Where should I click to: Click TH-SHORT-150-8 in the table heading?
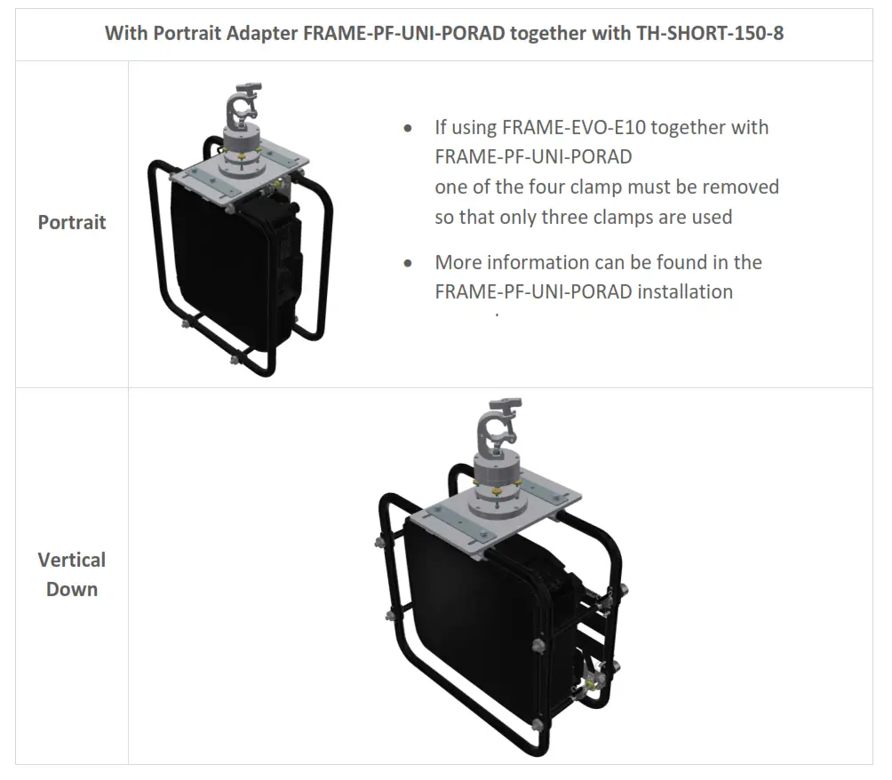point(708,35)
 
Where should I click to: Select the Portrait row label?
point(72,222)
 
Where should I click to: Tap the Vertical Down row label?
point(72,574)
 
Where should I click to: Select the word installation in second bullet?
point(685,291)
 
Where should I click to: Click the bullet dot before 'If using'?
point(408,128)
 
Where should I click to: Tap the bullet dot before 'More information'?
point(408,263)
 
